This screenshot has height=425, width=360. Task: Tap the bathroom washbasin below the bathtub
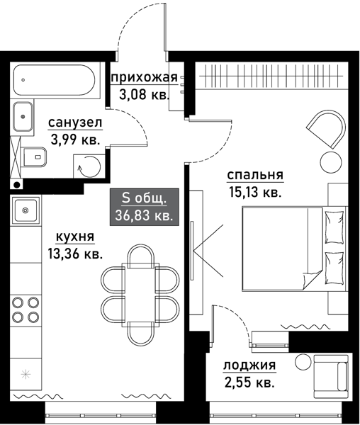[x=23, y=116]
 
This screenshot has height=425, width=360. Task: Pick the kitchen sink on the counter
[x=27, y=210]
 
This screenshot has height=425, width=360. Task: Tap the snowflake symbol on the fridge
[x=26, y=373]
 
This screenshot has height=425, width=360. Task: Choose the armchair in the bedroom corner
[x=325, y=128]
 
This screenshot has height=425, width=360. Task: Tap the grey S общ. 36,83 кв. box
[x=144, y=208]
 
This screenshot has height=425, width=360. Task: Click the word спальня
[x=255, y=176]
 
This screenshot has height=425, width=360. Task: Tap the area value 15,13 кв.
[x=255, y=191]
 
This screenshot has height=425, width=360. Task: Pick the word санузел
[x=75, y=123]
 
